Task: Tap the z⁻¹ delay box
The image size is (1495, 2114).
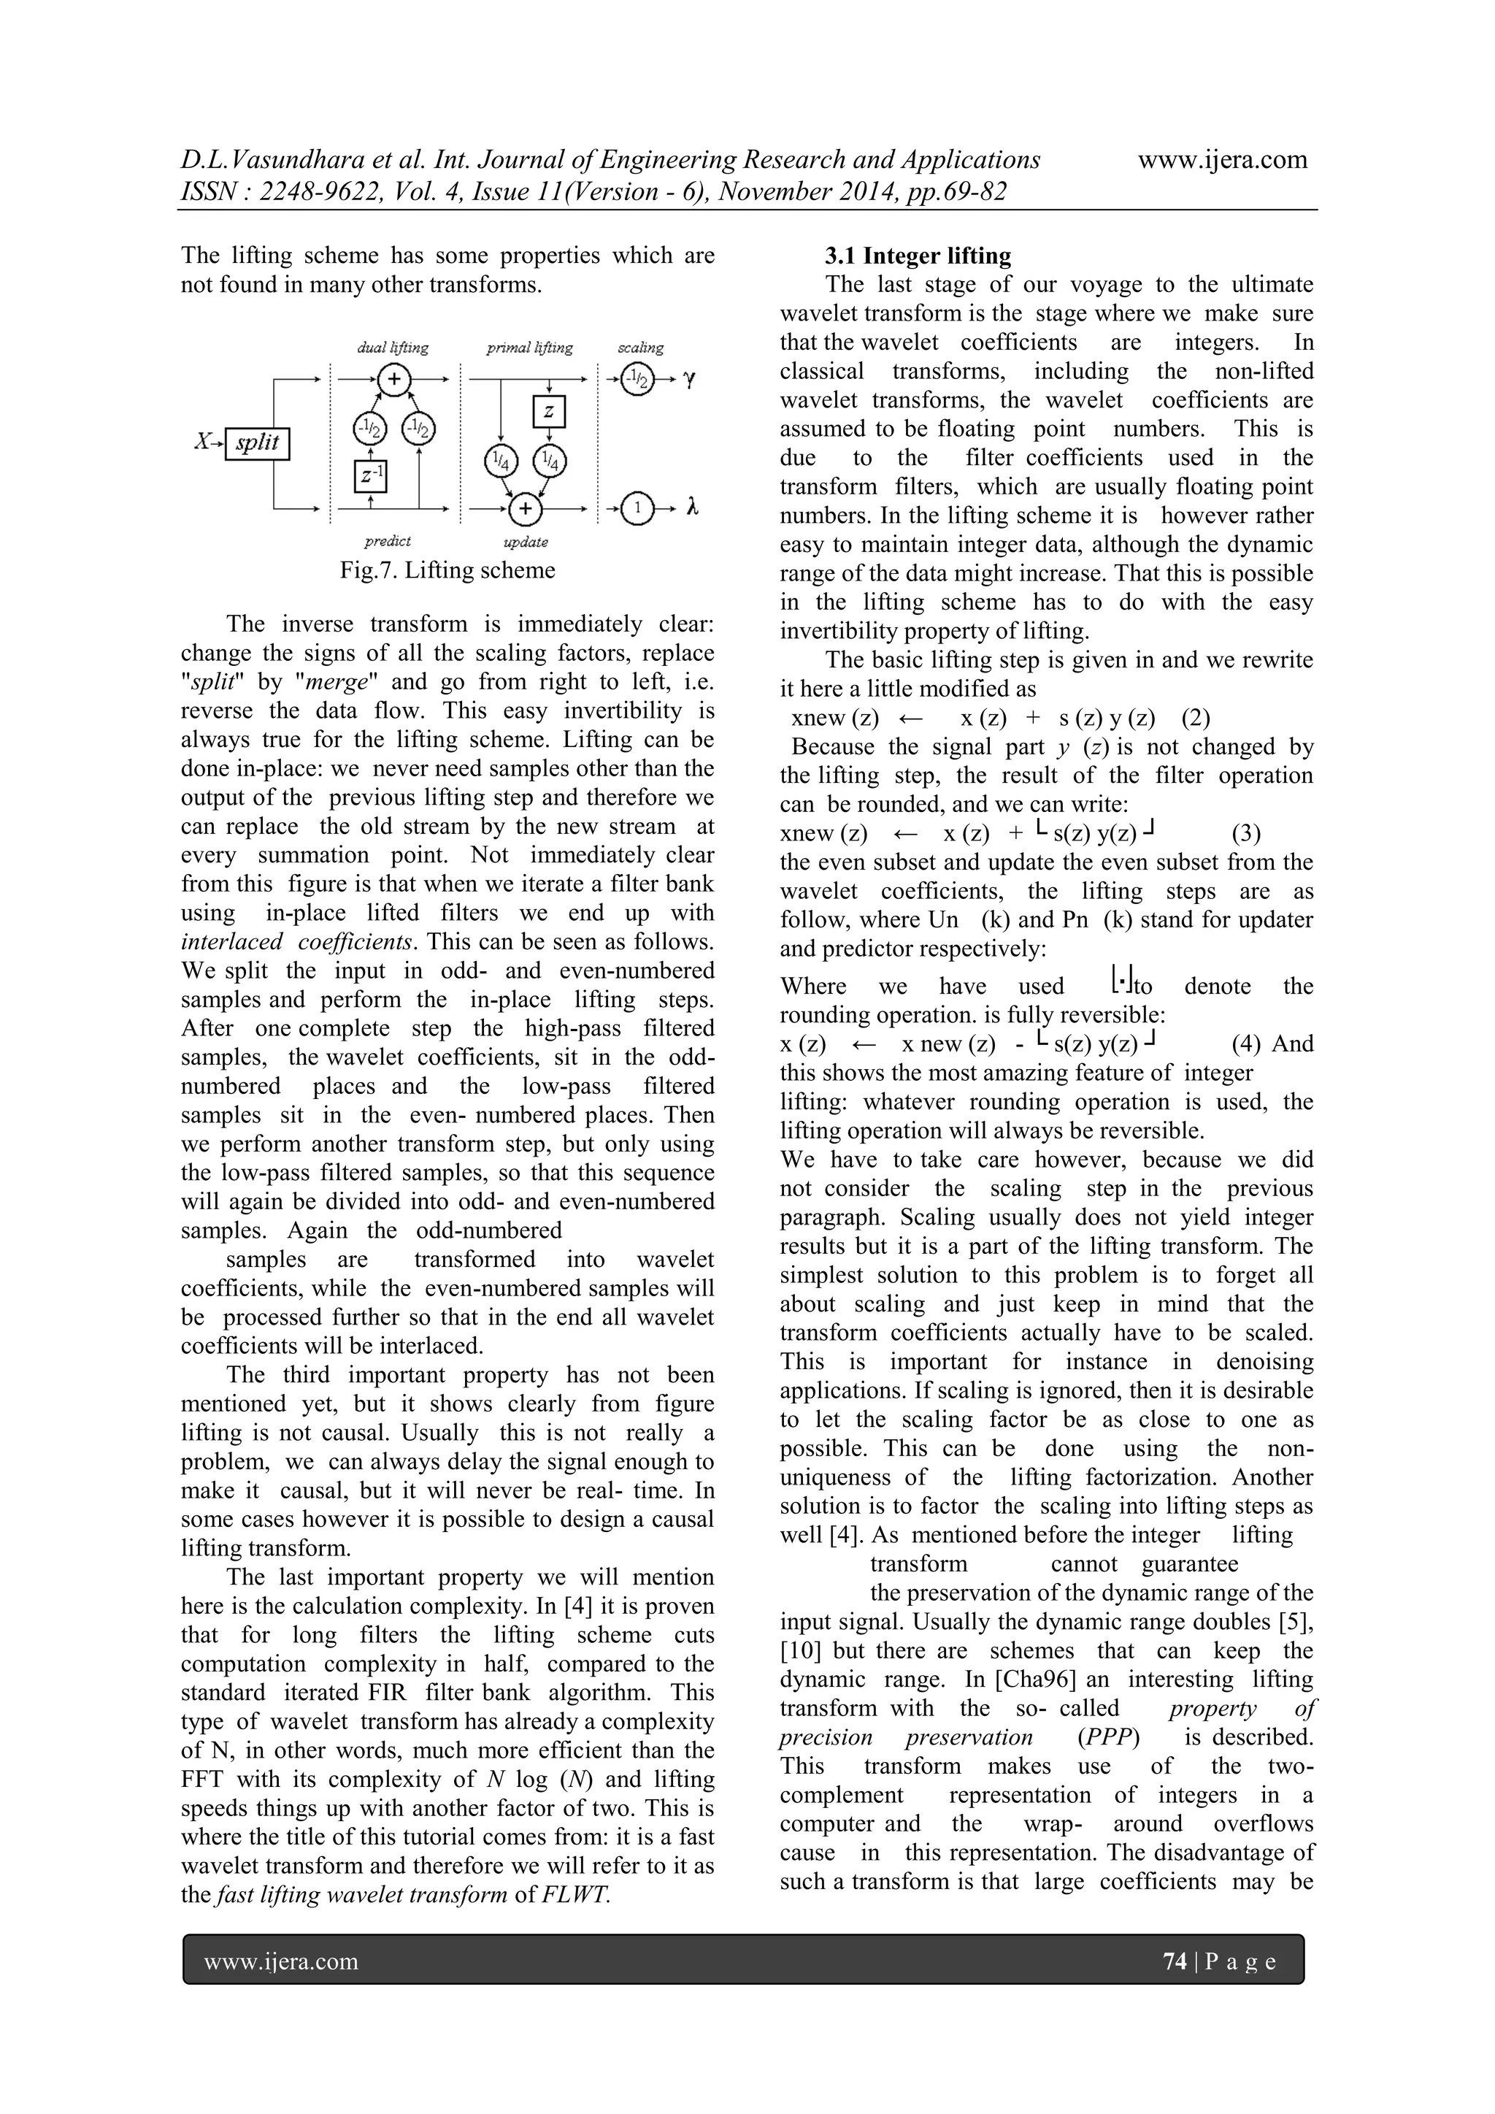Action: [370, 475]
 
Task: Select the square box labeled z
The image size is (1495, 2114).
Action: [549, 410]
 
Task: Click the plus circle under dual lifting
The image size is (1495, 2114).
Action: [394, 378]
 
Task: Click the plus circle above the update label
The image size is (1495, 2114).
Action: [526, 508]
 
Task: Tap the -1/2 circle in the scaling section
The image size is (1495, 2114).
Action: [635, 378]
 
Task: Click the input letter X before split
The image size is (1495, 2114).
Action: [201, 442]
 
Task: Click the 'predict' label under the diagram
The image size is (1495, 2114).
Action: [387, 541]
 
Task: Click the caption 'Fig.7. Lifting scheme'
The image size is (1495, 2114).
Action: [447, 570]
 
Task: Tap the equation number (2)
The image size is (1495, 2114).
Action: [1195, 717]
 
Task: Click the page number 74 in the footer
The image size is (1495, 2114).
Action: [1175, 1961]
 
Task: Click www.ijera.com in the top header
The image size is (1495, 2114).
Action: [1223, 159]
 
